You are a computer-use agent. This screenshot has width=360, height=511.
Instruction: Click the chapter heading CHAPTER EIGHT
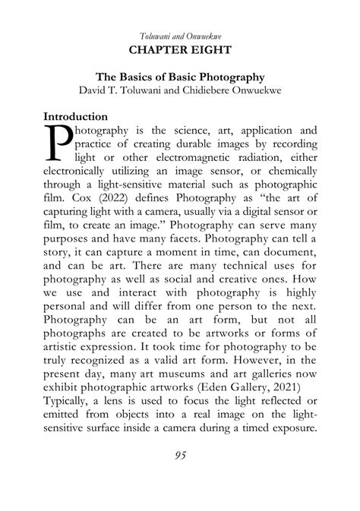pyautogui.click(x=180, y=51)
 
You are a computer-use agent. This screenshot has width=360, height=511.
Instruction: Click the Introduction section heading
pyautogui.click(x=75, y=117)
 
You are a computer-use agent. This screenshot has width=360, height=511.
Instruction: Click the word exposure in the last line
pyautogui.click(x=289, y=431)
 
